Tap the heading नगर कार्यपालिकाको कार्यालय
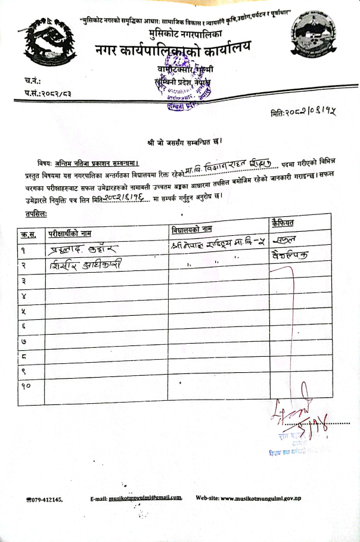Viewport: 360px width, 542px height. point(173,52)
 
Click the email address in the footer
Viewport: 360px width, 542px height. point(145,497)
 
